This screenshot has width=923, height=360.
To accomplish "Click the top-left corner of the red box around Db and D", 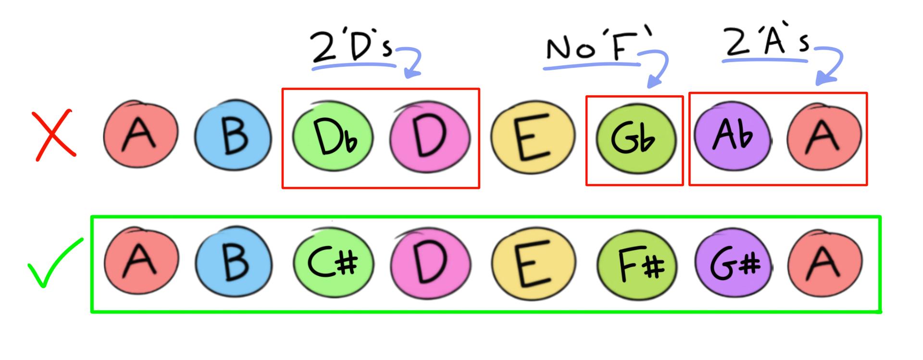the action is click(x=282, y=89).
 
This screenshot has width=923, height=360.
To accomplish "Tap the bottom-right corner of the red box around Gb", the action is click(x=683, y=184).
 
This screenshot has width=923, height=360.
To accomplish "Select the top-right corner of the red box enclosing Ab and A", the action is click(x=867, y=93).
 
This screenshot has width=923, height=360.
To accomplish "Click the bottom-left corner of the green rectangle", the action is click(x=92, y=312).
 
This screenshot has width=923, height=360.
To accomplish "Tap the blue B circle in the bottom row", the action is click(x=234, y=264).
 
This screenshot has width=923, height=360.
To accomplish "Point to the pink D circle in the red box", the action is click(x=429, y=137).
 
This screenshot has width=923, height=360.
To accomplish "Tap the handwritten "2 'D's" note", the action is click(x=352, y=48).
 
